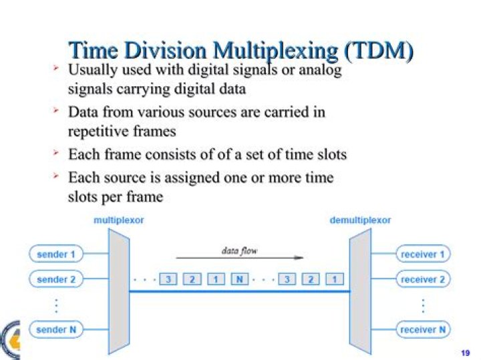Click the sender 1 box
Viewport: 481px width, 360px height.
56,254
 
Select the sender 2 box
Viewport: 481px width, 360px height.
56,280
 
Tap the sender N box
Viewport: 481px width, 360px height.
56,329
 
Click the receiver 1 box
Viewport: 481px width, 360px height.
423,254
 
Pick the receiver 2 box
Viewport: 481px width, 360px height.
423,280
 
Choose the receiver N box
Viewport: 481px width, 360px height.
423,329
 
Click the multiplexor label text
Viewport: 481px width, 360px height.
119,220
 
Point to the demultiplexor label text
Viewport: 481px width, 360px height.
360,220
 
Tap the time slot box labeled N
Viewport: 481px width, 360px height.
238,279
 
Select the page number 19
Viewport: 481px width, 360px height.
466,352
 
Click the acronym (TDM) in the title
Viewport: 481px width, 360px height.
377,50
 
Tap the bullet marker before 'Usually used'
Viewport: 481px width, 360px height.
57,69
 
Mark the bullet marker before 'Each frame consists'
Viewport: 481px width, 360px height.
57,154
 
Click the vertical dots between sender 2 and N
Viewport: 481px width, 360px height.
56,305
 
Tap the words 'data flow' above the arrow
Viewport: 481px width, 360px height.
239,250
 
